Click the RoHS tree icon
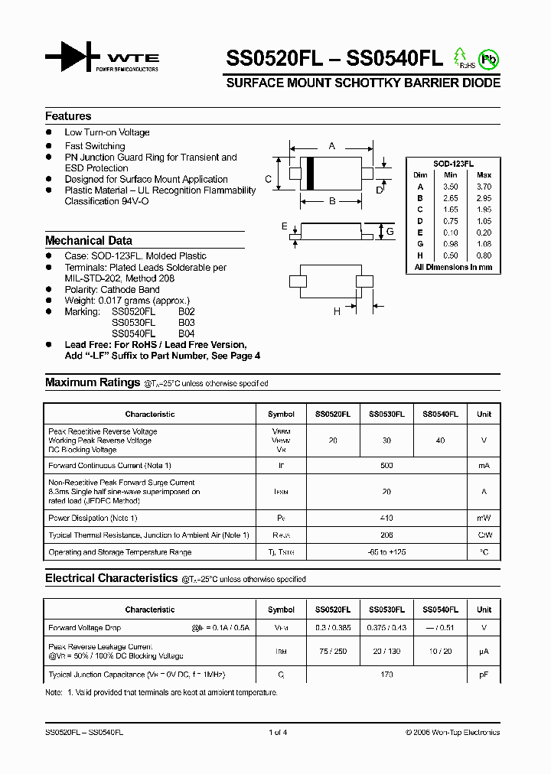[461, 57]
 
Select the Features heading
[68, 116]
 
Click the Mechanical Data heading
[88, 240]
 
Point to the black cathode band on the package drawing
[311, 173]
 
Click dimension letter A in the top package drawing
[331, 145]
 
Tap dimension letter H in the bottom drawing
[336, 311]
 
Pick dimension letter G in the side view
[390, 232]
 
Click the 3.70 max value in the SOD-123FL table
[483, 187]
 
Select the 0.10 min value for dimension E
[451, 233]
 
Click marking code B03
[186, 323]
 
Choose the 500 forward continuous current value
[386, 466]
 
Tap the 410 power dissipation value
[386, 518]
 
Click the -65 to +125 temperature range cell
[386, 552]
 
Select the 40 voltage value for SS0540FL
[440, 441]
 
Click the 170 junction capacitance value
[386, 675]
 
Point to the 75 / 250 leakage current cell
[333, 652]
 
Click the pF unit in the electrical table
[484, 675]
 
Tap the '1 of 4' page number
[278, 733]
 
